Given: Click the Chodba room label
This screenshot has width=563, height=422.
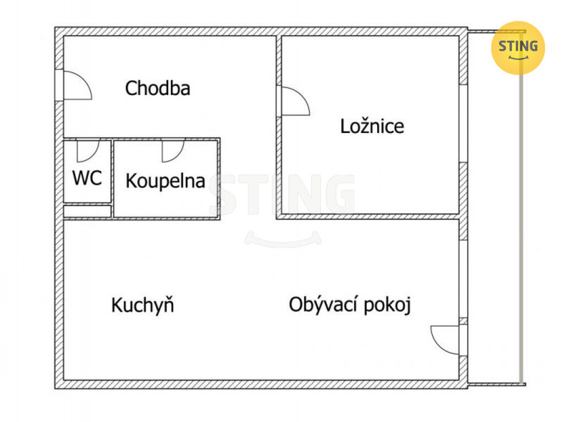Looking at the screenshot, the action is pyautogui.click(x=158, y=88).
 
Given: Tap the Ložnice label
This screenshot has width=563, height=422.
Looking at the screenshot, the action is pyautogui.click(x=372, y=126).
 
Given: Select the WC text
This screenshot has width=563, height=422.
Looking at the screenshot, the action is pyautogui.click(x=87, y=177).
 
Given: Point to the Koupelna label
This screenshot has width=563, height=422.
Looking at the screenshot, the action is pyautogui.click(x=165, y=181).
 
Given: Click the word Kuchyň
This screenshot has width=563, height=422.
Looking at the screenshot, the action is pyautogui.click(x=142, y=305).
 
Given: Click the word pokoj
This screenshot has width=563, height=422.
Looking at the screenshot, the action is pyautogui.click(x=387, y=306).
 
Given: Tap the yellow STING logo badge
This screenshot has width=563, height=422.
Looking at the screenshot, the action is pyautogui.click(x=518, y=48).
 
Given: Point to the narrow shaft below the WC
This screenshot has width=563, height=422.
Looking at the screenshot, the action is pyautogui.click(x=87, y=212).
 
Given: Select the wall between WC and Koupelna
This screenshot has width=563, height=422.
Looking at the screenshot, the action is pyautogui.click(x=112, y=179).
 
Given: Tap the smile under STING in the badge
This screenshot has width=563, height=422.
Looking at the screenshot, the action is pyautogui.click(x=518, y=57).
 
